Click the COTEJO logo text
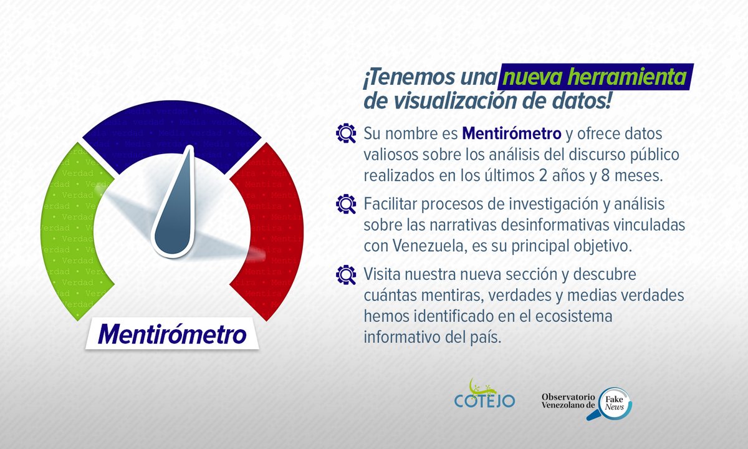(485, 400)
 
